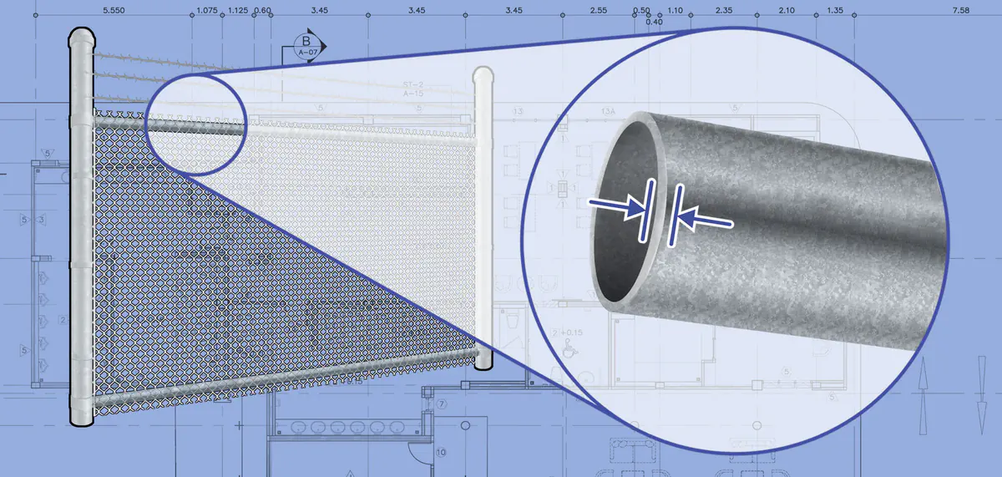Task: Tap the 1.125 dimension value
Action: (237, 10)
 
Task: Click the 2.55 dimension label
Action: (598, 10)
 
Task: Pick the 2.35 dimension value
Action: (724, 10)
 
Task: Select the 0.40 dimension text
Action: (655, 22)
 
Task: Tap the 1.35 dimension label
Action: (834, 10)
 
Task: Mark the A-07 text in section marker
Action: (307, 53)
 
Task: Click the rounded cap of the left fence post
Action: (82, 37)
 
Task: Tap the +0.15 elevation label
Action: (572, 332)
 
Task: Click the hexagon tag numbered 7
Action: (443, 404)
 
